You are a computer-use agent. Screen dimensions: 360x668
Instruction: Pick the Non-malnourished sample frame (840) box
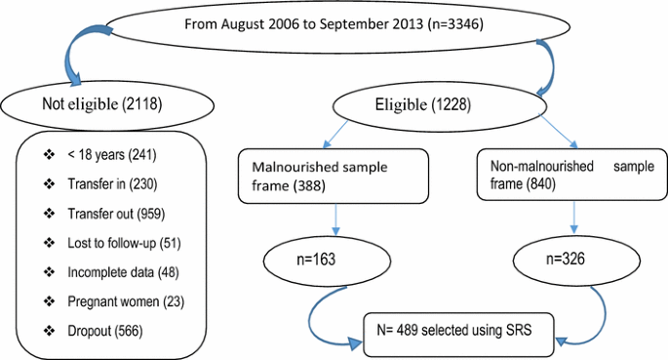click(x=553, y=176)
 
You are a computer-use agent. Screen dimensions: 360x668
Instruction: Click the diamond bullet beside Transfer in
click(x=47, y=182)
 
